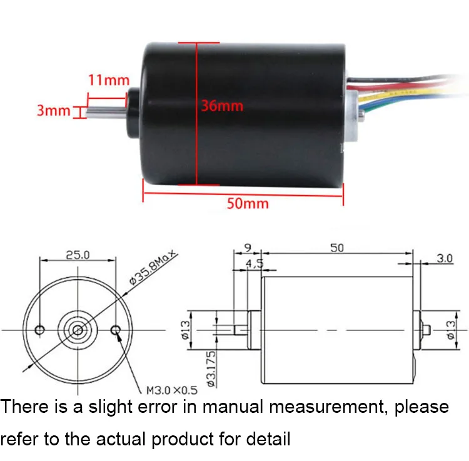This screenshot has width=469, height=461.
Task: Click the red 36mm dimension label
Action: pyautogui.click(x=221, y=106)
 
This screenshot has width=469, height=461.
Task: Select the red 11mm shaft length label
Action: pyautogui.click(x=108, y=80)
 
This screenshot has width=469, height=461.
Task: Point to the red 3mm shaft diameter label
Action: pyautogui.click(x=54, y=111)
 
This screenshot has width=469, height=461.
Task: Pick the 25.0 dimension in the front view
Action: pyautogui.click(x=78, y=255)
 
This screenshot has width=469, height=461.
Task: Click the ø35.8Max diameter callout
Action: pyautogui.click(x=154, y=268)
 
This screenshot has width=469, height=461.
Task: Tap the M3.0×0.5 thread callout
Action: pyautogui.click(x=171, y=390)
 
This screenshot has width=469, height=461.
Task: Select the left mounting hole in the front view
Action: pyautogui.click(x=41, y=330)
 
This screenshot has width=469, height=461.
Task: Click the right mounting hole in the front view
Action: pyautogui.click(x=116, y=330)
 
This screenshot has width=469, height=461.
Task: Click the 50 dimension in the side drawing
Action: pyautogui.click(x=336, y=248)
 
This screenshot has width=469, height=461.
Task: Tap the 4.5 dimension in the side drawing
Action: pyautogui.click(x=254, y=263)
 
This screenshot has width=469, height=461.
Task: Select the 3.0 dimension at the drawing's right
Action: pyautogui.click(x=445, y=258)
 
